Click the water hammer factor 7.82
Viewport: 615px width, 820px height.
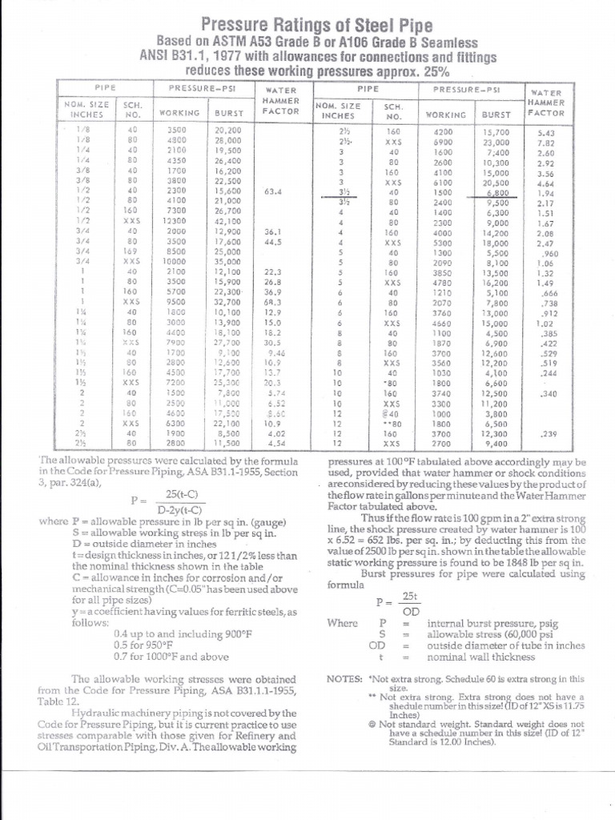[547, 143]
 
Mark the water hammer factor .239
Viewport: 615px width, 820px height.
[548, 433]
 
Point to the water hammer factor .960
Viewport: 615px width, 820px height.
[548, 252]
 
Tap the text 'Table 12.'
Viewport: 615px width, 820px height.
[56, 700]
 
